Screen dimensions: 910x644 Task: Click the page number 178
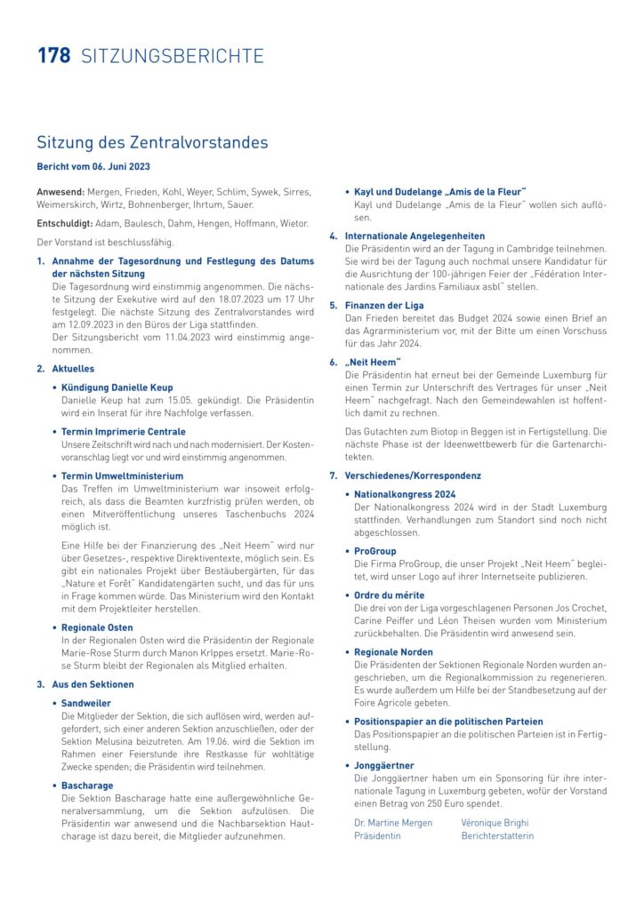(x=53, y=56)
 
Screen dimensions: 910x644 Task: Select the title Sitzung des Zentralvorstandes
(x=152, y=142)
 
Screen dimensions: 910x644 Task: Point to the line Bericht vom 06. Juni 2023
(x=93, y=166)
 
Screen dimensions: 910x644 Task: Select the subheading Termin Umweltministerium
(x=122, y=476)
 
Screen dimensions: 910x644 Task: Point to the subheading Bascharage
(x=87, y=786)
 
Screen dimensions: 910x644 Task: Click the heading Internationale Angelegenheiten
(x=415, y=236)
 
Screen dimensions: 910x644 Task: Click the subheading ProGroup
(x=375, y=551)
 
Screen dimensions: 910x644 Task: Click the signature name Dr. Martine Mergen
(x=393, y=823)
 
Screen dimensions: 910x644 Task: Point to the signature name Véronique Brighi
(x=494, y=823)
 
